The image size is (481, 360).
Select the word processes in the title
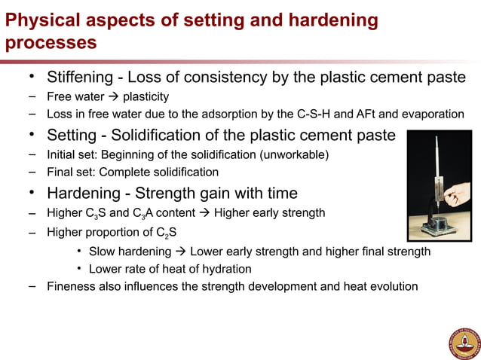click(x=51, y=42)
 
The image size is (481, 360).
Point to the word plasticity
click(x=146, y=96)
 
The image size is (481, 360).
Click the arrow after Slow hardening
click(x=181, y=251)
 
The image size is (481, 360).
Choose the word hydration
click(x=225, y=269)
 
